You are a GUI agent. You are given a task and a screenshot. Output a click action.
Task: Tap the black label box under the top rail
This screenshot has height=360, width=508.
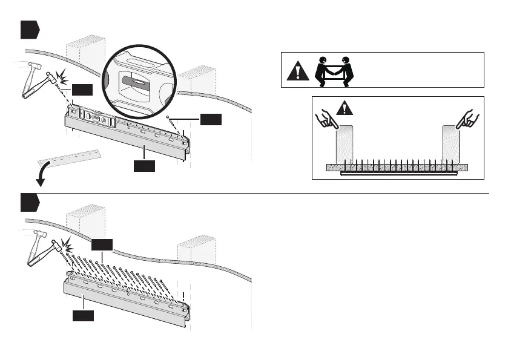[x=144, y=165]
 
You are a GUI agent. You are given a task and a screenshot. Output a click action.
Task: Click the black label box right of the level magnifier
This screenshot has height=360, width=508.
[x=211, y=120]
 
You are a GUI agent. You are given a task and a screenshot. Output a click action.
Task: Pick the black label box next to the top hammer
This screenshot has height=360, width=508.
[x=82, y=90]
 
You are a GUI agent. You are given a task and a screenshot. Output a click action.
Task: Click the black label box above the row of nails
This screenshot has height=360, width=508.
[x=102, y=244]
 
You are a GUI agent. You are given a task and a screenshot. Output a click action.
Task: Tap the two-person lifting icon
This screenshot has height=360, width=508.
[x=335, y=70]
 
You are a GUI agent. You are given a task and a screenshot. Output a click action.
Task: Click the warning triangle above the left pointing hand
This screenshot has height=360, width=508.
[x=345, y=108]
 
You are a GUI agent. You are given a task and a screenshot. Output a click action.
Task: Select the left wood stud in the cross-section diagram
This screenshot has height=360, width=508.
[x=345, y=143]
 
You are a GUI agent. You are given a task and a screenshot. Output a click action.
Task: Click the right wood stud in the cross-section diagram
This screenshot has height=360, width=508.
[x=451, y=143]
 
